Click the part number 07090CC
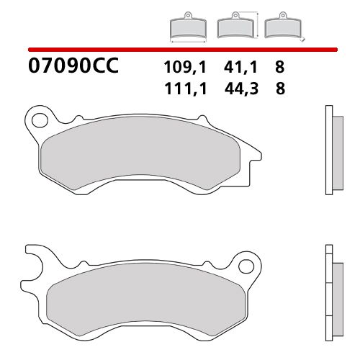pos(71,68)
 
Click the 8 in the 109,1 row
pos(279,68)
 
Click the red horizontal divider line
pos(180,50)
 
